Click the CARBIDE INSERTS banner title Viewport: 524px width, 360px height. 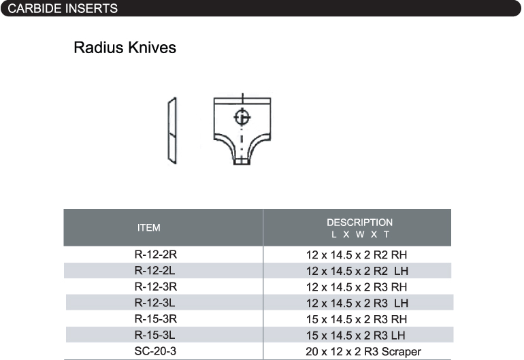pyautogui.click(x=63, y=8)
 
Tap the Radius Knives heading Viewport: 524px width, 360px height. pyautogui.click(x=125, y=48)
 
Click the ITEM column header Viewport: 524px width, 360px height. pyautogui.click(x=149, y=227)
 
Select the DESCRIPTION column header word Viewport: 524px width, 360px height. pyautogui.click(x=359, y=223)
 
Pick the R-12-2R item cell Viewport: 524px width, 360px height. pyautogui.click(x=156, y=255)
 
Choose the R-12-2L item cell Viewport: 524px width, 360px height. pyautogui.click(x=154, y=270)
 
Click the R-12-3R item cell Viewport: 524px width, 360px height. pyautogui.click(x=156, y=287)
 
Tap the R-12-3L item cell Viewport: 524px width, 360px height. pyautogui.click(x=154, y=303)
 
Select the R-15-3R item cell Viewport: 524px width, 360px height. pyautogui.click(x=156, y=318)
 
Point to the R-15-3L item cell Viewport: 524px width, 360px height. pyautogui.click(x=154, y=335)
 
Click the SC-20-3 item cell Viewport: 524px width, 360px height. pyautogui.click(x=155, y=351)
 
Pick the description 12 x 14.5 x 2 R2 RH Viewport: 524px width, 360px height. pyautogui.click(x=357, y=255)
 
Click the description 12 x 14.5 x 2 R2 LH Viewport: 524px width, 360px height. pyautogui.click(x=357, y=271)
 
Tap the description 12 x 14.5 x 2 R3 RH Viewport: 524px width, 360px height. pyautogui.click(x=357, y=287)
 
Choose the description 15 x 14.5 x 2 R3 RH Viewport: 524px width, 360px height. pyautogui.click(x=357, y=319)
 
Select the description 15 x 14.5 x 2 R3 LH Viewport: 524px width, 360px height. pyautogui.click(x=355, y=336)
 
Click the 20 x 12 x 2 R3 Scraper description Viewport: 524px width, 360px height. pyautogui.click(x=363, y=352)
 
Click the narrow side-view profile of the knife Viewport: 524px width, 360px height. pyautogui.click(x=172, y=131)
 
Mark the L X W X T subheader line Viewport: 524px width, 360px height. pyautogui.click(x=360, y=234)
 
